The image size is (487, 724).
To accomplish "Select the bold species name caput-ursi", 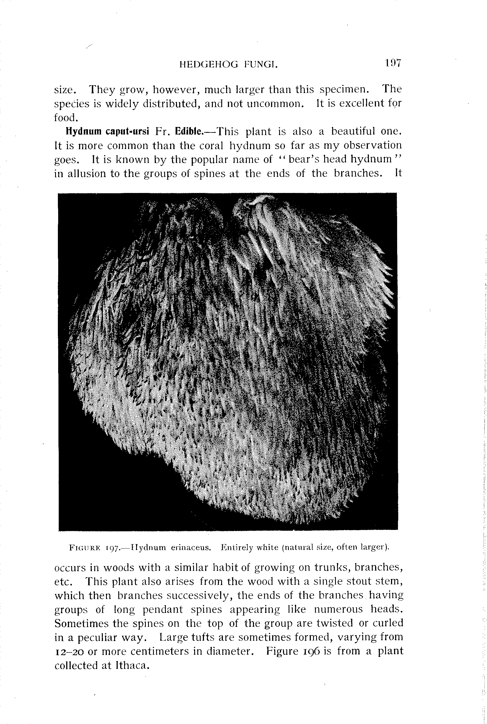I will (127, 131).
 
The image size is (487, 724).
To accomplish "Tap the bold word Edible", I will (189, 131).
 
